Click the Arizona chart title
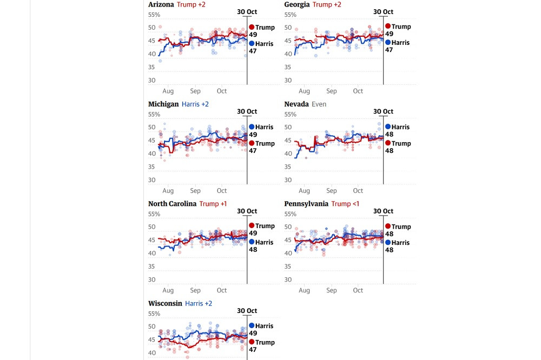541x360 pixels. click(x=161, y=4)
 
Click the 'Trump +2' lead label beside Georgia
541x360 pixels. click(x=327, y=4)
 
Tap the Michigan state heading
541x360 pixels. click(x=163, y=104)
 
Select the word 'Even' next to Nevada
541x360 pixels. click(x=319, y=104)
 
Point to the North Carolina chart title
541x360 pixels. click(x=172, y=204)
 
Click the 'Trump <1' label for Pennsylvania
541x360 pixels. click(x=345, y=204)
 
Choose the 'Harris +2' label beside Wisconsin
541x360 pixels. click(x=199, y=303)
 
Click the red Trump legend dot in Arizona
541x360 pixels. click(x=252, y=27)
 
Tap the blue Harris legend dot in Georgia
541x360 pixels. click(x=388, y=42)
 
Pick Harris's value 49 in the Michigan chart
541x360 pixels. click(x=253, y=135)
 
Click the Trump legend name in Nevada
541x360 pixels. click(x=401, y=143)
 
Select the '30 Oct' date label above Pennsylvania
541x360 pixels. click(x=384, y=211)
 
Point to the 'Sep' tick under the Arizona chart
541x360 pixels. click(x=195, y=91)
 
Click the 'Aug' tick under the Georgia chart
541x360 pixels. click(x=304, y=91)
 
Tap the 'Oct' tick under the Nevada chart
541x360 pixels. click(x=358, y=191)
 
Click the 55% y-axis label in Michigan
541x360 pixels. click(x=154, y=115)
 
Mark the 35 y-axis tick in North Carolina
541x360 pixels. click(x=152, y=266)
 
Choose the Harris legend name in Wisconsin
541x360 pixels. click(x=265, y=326)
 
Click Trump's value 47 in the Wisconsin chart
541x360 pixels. click(x=253, y=350)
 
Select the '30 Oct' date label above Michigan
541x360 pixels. click(x=247, y=111)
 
